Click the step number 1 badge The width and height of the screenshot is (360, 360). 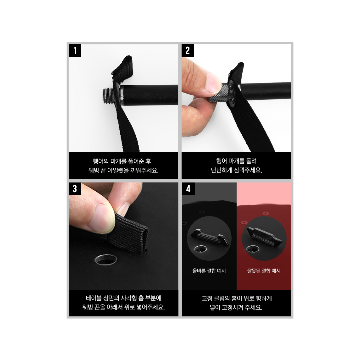[x=75, y=50]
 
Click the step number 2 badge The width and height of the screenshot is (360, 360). [x=188, y=50]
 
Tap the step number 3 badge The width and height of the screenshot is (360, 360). [x=75, y=189]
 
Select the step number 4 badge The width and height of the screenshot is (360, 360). [x=188, y=189]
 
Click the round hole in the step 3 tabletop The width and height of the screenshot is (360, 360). [x=106, y=259]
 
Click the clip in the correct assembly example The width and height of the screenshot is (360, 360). [x=209, y=237]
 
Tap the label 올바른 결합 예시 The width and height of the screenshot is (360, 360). [x=209, y=271]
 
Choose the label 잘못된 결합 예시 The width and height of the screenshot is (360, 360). [x=264, y=271]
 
